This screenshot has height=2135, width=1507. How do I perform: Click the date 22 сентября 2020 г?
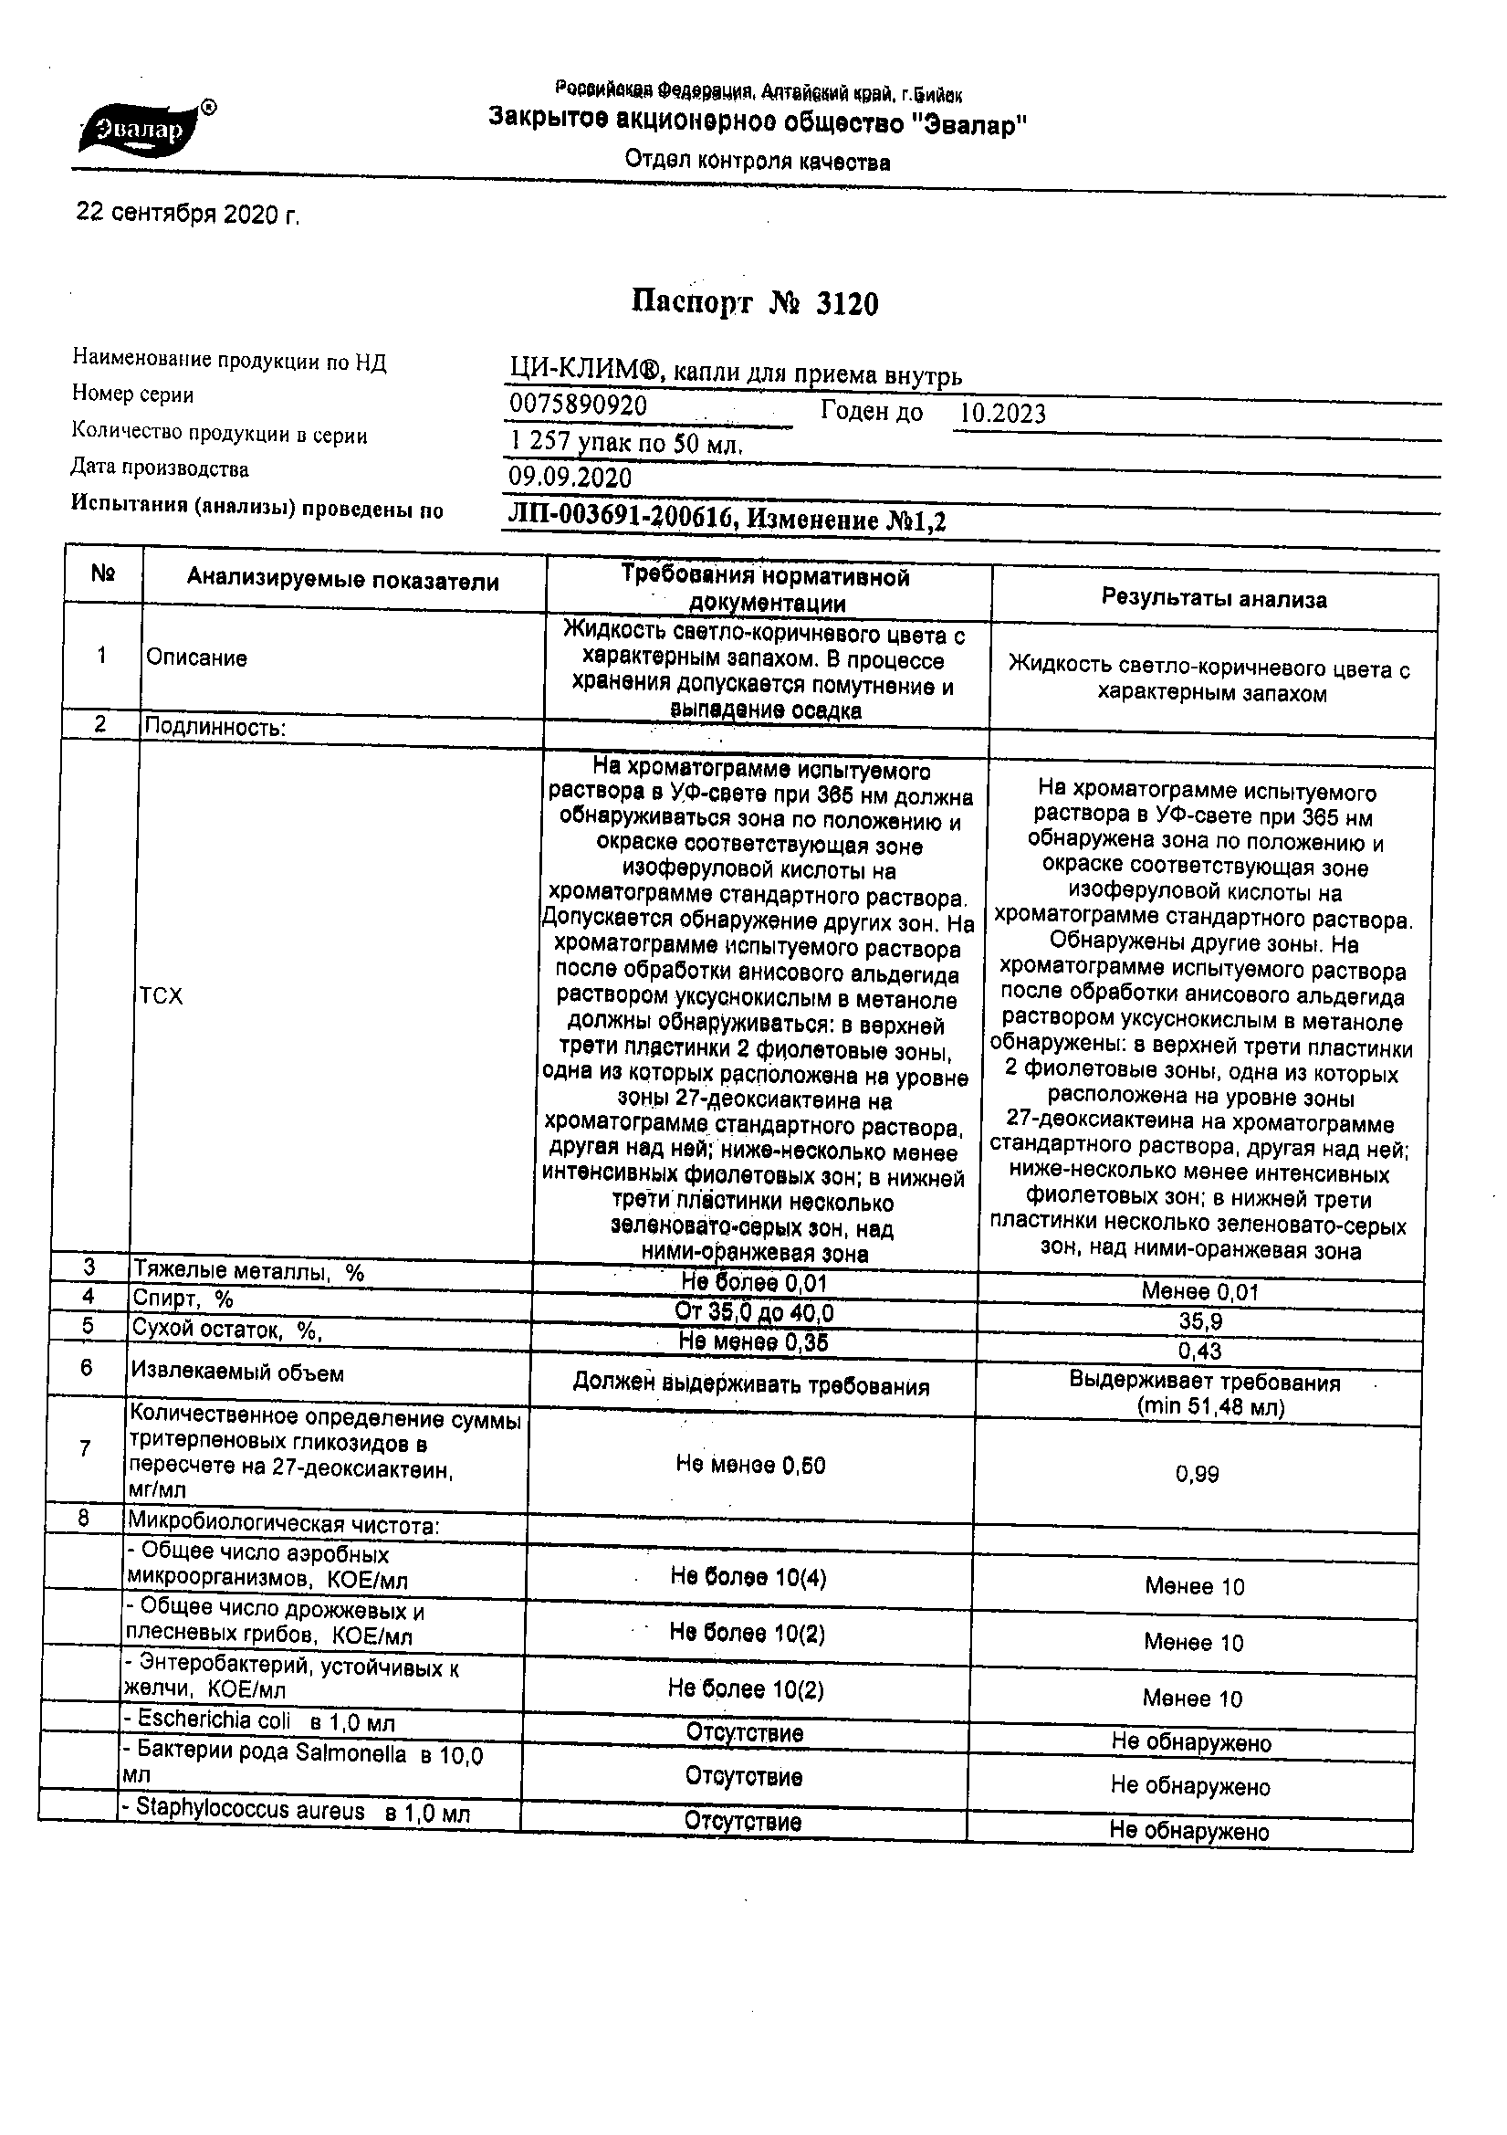187,215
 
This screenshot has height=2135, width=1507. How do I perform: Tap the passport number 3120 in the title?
846,304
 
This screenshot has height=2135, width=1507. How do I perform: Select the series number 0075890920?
579,405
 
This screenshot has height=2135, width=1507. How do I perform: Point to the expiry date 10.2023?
1002,414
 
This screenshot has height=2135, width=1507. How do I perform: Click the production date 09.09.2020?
570,478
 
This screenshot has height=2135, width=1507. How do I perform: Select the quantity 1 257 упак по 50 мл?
625,444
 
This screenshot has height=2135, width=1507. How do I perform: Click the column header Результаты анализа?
1213,599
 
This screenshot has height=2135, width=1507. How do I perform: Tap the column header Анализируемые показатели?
342,581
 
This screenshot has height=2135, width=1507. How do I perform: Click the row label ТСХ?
161,997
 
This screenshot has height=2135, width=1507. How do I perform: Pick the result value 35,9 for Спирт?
1199,1321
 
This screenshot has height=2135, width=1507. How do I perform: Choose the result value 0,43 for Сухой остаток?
1199,1351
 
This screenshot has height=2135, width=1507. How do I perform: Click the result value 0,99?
1197,1474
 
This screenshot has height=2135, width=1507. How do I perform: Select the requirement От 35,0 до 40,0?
754,1312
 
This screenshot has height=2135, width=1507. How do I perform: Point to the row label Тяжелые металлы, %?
248,1271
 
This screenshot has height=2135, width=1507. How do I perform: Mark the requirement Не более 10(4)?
748,1576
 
